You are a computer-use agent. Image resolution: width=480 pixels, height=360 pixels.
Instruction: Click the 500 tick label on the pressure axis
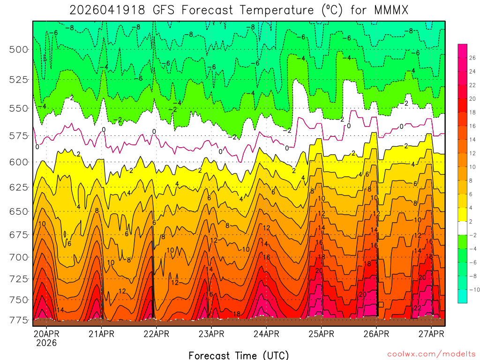tap(19, 49)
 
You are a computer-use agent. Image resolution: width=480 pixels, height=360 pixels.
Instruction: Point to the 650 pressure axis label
tap(19, 211)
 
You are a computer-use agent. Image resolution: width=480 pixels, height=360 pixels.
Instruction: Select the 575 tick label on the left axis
tap(19, 136)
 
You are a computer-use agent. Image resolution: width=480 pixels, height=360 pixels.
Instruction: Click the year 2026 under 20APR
tap(45, 343)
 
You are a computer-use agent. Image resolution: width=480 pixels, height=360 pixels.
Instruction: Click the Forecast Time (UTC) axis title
tap(239, 355)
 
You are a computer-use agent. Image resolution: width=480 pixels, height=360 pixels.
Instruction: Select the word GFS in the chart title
tap(170, 10)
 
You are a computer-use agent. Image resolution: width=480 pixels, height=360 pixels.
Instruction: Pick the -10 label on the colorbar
tap(473, 289)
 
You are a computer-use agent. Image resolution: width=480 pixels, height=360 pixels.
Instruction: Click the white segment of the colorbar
tap(462, 228)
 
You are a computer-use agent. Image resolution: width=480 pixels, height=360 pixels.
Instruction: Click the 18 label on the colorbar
tap(472, 112)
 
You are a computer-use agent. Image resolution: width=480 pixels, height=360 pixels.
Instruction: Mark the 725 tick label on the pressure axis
tap(19, 279)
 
